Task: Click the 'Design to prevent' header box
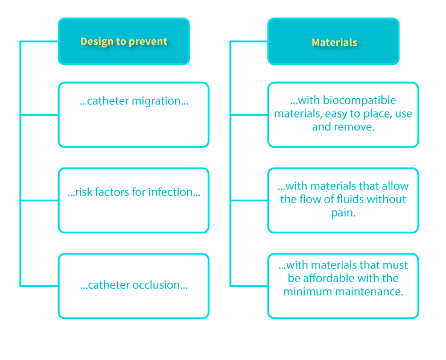[124, 42]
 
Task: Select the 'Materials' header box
[334, 42]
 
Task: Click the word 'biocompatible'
[359, 100]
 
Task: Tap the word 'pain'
[342, 212]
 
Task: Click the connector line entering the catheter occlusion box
[39, 286]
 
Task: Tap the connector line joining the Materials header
[249, 42]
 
